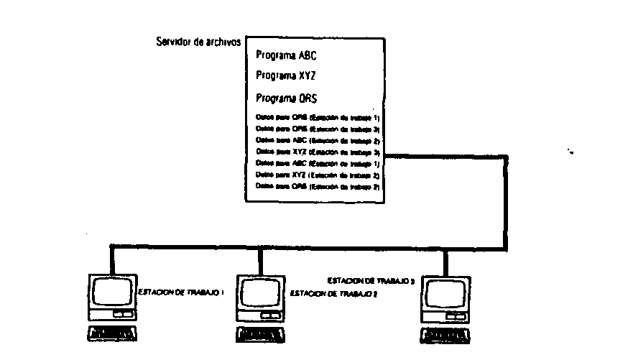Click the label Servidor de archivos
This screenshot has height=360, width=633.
click(x=198, y=42)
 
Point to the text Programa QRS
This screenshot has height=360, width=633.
click(x=285, y=98)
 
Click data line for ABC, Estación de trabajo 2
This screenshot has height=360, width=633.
click(x=318, y=142)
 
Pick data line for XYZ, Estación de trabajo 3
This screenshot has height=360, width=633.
click(x=318, y=154)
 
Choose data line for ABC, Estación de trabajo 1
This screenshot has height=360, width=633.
click(x=318, y=165)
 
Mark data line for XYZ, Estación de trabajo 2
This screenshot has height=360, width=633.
click(x=318, y=175)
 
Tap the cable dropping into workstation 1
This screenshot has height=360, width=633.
click(x=111, y=259)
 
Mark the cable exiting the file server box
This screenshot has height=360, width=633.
click(x=445, y=154)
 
